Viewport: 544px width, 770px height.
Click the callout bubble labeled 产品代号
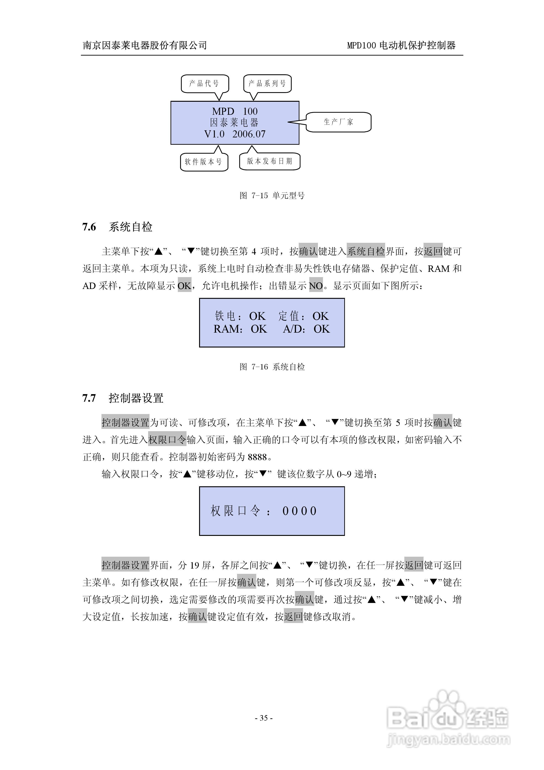tap(205, 83)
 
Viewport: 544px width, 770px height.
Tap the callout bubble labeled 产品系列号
tap(267, 83)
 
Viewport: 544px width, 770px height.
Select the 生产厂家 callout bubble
tap(339, 122)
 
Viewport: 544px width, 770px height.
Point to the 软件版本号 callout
tap(204, 162)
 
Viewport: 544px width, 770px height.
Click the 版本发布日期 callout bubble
tap(270, 161)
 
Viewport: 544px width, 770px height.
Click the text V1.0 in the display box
tap(214, 134)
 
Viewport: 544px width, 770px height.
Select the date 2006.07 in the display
tap(249, 134)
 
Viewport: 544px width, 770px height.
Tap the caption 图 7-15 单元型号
tap(272, 195)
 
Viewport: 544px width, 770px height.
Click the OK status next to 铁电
tap(257, 316)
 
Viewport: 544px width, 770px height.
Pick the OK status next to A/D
tap(322, 329)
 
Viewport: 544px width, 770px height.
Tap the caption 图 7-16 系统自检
tap(272, 367)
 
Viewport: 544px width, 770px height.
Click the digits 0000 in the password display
tap(299, 511)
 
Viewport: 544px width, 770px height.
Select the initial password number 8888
tap(257, 457)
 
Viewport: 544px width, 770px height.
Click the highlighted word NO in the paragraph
tap(316, 286)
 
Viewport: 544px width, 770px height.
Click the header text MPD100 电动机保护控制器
tap(401, 45)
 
